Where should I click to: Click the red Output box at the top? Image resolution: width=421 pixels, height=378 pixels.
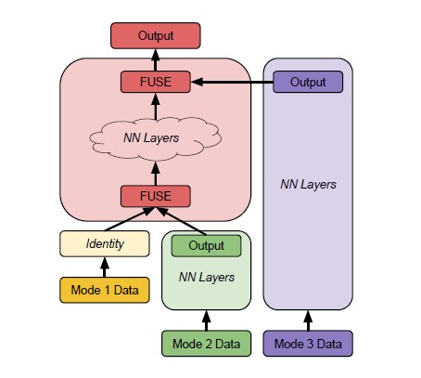coord(156,35)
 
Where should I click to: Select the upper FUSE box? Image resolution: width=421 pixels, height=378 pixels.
coord(156,82)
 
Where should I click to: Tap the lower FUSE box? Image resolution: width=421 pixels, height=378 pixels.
coord(156,196)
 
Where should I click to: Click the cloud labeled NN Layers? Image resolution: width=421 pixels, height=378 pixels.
coord(155,138)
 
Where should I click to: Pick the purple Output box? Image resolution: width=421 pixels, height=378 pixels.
coord(308,82)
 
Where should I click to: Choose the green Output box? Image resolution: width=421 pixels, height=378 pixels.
coord(206,246)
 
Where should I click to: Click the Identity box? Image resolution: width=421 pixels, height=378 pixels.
coord(105,243)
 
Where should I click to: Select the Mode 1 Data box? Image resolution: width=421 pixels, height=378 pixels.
coord(105,290)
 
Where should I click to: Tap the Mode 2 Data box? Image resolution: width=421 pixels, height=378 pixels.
coord(206,344)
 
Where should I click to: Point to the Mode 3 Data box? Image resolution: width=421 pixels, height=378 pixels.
coord(308,344)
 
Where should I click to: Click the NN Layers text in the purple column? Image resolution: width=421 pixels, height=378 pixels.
coord(308,185)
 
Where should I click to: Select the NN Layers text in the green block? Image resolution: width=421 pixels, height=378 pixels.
coord(207,277)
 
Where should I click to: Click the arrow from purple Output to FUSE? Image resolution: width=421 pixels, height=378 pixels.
coord(232,82)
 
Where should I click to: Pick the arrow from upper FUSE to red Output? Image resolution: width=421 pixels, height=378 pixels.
coord(156,60)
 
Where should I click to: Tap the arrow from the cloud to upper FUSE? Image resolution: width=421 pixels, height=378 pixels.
coord(156,107)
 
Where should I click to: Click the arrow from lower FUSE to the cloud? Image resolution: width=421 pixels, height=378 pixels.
coord(156,174)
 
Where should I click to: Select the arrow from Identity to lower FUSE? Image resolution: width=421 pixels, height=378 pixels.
coord(129,219)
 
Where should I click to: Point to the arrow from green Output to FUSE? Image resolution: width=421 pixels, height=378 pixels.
coord(182,221)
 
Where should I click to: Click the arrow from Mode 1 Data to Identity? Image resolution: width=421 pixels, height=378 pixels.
coord(105,267)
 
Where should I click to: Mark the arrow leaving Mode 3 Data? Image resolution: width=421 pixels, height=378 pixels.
coord(308,320)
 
